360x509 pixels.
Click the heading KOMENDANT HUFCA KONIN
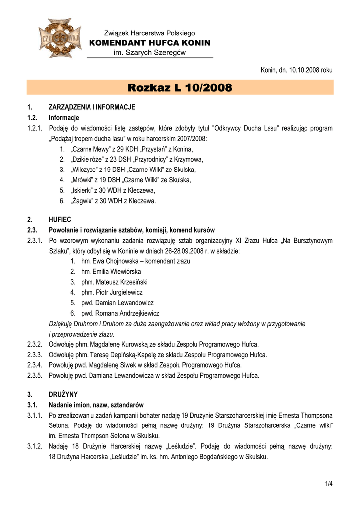150,43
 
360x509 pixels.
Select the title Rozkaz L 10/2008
180,88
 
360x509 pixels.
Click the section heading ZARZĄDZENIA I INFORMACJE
91,107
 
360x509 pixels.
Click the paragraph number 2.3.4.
34,365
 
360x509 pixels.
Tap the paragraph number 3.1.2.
34,447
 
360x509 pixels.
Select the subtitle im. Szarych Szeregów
150,53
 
